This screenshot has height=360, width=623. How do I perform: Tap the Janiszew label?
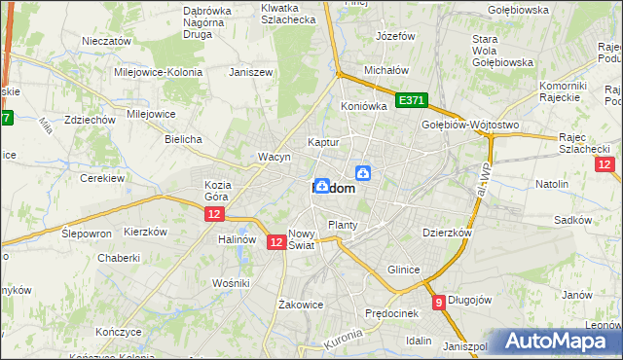pyautogui.click(x=248, y=72)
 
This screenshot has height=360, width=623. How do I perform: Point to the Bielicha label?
pyautogui.click(x=183, y=139)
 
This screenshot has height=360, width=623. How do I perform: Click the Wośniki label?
pyautogui.click(x=232, y=282)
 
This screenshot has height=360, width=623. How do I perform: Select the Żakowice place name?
pyautogui.click(x=300, y=305)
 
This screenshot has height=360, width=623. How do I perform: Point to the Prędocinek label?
pyautogui.click(x=391, y=313)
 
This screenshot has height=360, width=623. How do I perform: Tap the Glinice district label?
pyautogui.click(x=404, y=270)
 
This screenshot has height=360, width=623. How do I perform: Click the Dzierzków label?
pyautogui.click(x=447, y=234)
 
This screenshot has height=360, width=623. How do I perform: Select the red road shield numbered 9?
pyautogui.click(x=439, y=303)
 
